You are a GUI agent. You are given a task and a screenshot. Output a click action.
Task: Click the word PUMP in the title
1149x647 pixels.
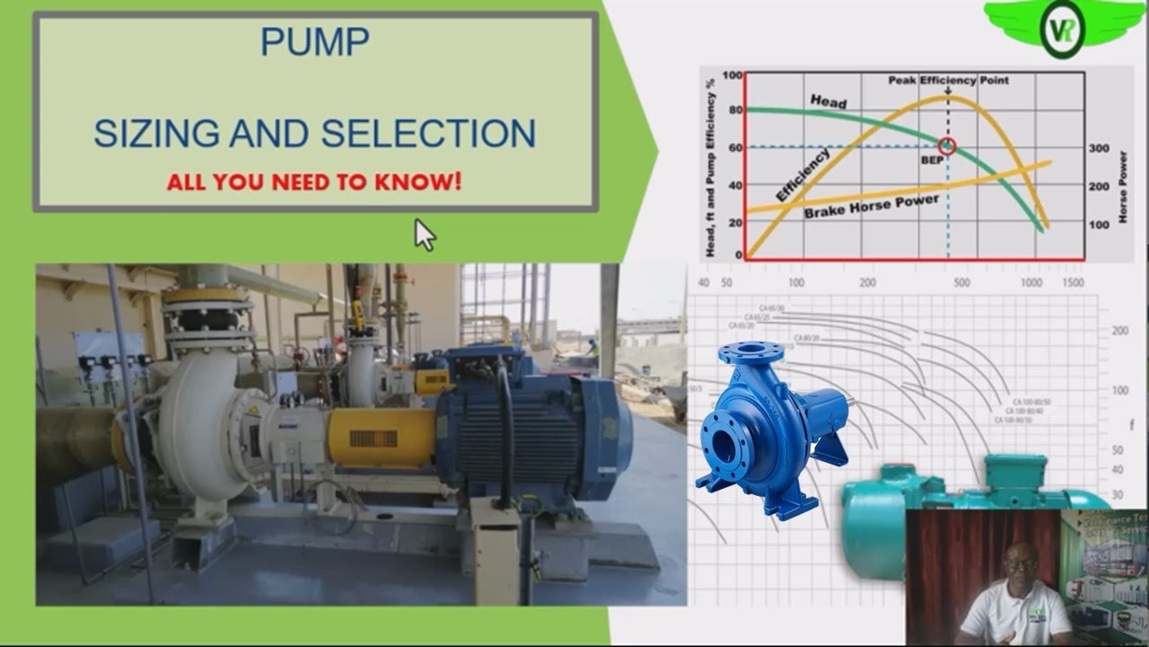pos(314,41)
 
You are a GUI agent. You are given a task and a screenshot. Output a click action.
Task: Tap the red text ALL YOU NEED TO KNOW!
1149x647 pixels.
pos(314,182)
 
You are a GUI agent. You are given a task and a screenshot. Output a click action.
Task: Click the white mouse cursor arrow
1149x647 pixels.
pos(424,235)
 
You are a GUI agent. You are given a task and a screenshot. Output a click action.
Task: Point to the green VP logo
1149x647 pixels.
pos(1062,28)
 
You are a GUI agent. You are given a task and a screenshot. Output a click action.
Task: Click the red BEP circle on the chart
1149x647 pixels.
pos(947,146)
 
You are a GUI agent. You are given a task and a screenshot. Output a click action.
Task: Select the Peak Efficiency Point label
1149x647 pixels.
pos(949,80)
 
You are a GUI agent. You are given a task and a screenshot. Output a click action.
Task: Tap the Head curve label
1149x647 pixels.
pos(828,101)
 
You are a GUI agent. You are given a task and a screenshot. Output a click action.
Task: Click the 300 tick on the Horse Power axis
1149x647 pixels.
pos(1099,148)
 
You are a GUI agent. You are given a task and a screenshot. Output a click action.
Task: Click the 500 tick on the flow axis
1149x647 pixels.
pos(962,282)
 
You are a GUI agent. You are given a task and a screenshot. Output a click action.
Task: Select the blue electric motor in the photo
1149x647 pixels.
pos(530,431)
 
